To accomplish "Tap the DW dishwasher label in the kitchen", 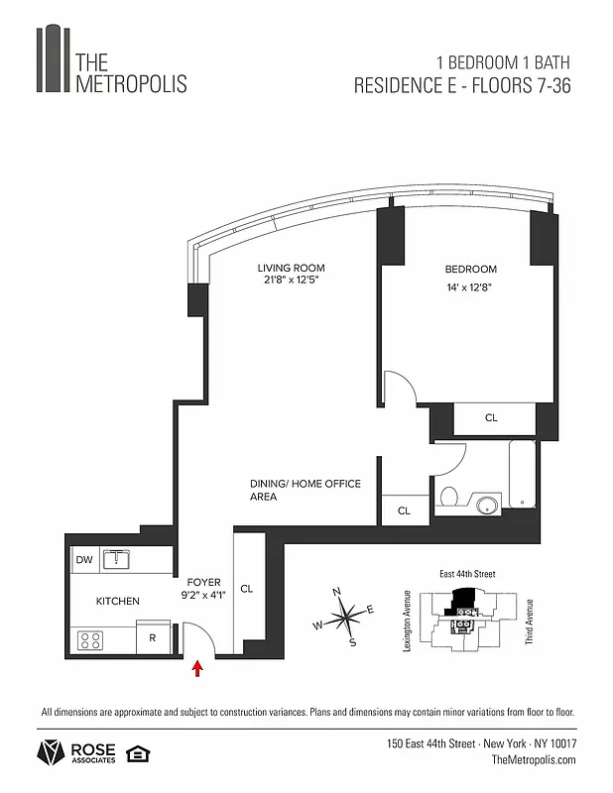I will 84,560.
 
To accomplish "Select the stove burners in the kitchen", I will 90,639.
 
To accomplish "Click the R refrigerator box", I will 152,638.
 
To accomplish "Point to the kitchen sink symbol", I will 118,559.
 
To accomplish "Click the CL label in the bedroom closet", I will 491,418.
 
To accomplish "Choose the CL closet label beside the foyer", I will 247,589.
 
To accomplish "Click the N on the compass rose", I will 337,592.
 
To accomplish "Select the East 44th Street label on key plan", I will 467,574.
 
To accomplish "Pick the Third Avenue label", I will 530,622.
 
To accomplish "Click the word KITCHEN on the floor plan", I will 117,602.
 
